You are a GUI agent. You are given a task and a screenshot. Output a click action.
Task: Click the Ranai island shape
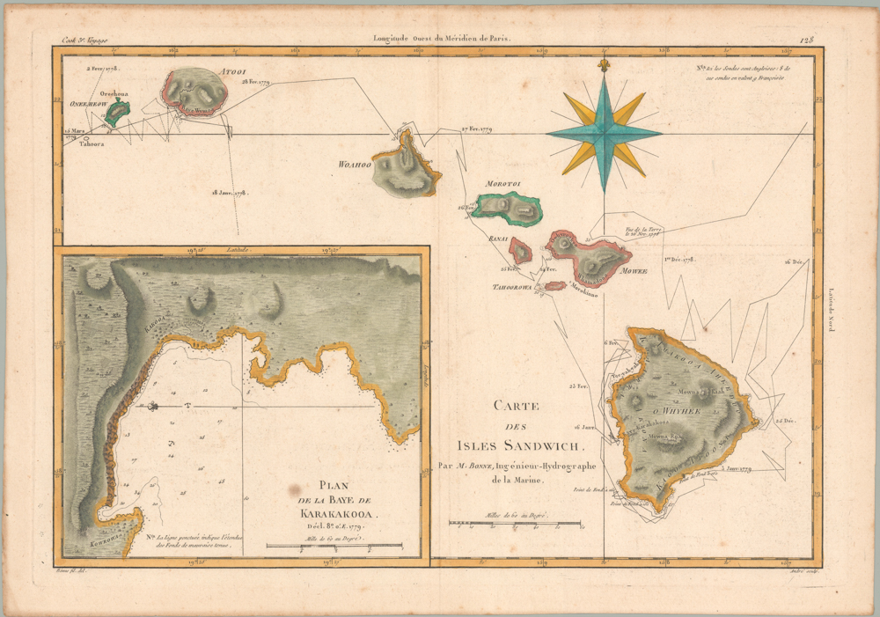522,252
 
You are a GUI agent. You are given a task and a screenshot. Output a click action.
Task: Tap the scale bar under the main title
498,524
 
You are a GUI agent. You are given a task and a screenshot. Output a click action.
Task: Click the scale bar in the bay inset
334,546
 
